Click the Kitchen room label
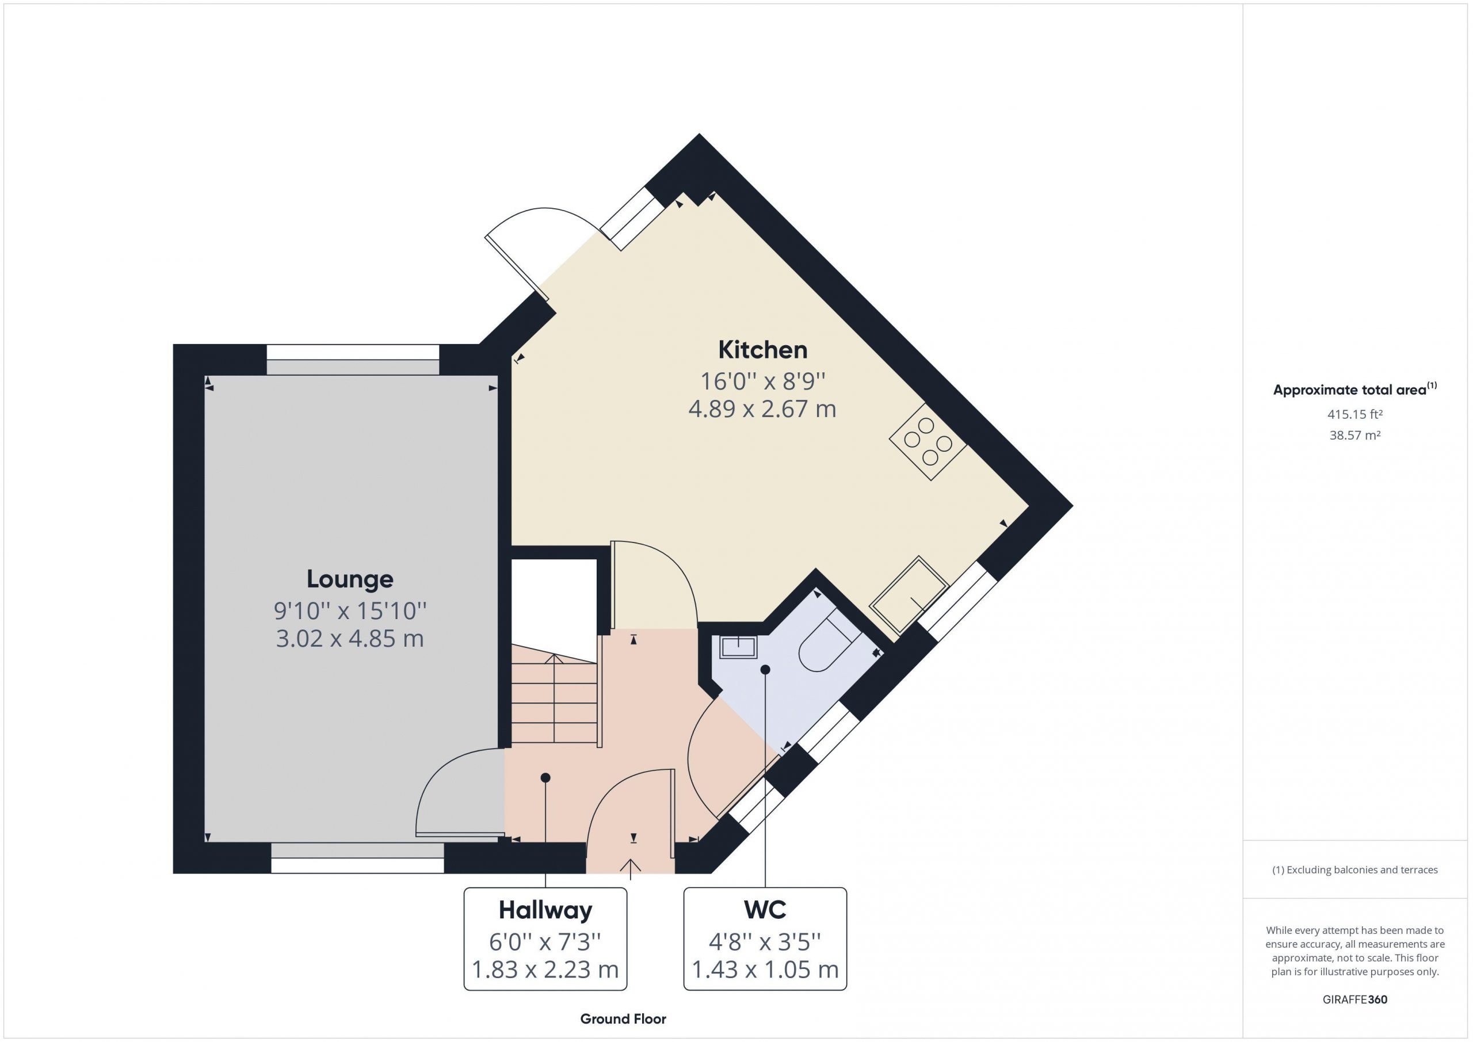point(762,350)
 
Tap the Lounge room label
point(350,579)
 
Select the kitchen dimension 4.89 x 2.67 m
point(762,409)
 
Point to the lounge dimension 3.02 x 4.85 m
point(350,639)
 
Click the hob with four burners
point(928,441)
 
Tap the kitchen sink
point(909,595)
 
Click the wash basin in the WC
point(738,647)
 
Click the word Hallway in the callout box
point(545,910)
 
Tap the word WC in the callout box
point(765,910)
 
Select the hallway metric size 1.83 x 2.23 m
point(545,969)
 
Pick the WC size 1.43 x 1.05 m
point(765,969)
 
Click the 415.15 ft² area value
point(1355,414)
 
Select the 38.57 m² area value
point(1355,435)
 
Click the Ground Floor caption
point(623,1019)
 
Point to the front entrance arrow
point(631,869)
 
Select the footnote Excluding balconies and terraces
point(1355,870)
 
